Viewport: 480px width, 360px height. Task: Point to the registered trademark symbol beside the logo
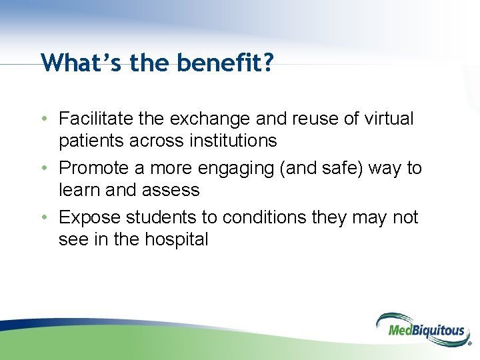[469, 345]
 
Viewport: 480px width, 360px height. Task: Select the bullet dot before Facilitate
[43, 119]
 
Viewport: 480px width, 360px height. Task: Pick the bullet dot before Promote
[43, 169]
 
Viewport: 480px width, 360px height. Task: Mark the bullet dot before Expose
[43, 218]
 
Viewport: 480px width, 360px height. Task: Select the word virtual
[389, 119]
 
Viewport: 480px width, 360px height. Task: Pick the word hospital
[175, 239]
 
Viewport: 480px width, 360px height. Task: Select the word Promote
[91, 168]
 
